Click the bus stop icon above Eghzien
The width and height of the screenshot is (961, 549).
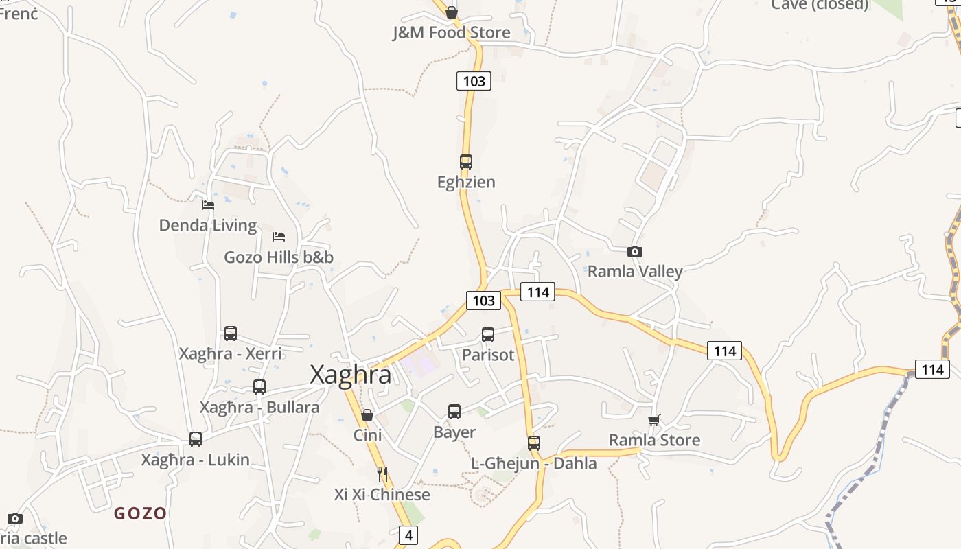click(466, 162)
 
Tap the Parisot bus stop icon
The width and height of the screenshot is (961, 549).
click(488, 335)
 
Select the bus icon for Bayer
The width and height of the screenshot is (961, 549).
click(454, 412)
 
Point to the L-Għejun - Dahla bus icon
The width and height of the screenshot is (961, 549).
click(534, 443)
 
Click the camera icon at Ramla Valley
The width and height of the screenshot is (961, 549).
click(635, 252)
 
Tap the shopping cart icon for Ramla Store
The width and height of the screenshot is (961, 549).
click(654, 420)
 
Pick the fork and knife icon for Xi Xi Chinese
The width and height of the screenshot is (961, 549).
click(382, 474)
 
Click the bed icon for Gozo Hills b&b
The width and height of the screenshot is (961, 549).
click(279, 237)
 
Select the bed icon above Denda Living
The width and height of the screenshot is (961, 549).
click(208, 205)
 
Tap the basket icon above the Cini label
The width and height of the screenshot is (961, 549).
click(367, 415)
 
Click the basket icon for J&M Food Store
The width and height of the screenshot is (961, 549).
click(452, 12)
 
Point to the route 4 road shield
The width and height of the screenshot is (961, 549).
click(408, 535)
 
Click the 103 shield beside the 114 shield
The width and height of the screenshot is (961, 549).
click(483, 300)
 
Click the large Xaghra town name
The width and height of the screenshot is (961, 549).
click(351, 375)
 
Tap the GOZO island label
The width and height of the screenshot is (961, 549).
click(140, 513)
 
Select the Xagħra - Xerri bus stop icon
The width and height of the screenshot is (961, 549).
click(231, 334)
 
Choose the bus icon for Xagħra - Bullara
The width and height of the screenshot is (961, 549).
click(259, 387)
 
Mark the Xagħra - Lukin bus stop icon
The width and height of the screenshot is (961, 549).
click(196, 439)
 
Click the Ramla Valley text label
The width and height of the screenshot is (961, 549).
click(635, 272)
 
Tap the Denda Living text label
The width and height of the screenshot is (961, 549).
click(208, 225)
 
